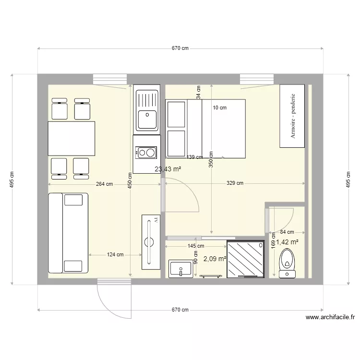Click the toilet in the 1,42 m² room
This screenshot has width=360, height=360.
click(287, 263)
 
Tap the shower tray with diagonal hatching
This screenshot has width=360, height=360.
click(245, 259)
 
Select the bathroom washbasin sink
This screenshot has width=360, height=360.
click(180, 269)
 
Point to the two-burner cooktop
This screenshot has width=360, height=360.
click(146, 153)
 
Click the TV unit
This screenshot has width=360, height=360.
click(151, 242)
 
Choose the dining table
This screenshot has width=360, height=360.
click(72, 139)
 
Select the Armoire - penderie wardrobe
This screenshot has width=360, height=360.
click(292, 116)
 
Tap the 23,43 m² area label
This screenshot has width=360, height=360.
click(168, 169)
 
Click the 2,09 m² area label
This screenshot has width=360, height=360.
click(215, 259)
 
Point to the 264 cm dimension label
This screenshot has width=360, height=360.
click(105, 184)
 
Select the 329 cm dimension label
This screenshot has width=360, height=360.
click(235, 183)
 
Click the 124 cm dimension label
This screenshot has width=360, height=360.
click(115, 254)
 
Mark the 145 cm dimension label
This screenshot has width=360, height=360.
click(196, 246)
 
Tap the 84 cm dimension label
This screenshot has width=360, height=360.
click(287, 232)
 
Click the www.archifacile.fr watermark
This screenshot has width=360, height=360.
click(330, 317)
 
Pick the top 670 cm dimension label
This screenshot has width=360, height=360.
click(180, 48)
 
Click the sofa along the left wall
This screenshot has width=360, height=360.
click(68, 233)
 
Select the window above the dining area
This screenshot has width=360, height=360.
click(110, 79)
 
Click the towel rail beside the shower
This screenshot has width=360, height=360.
click(211, 276)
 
